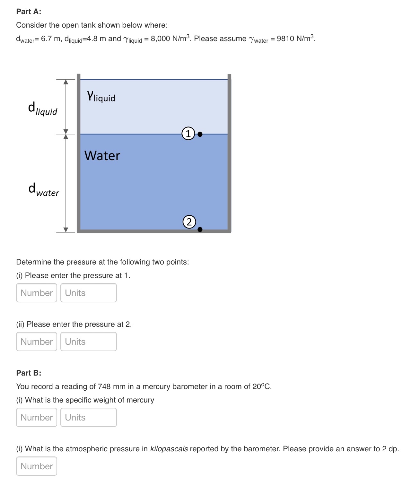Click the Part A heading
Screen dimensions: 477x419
[x=29, y=12]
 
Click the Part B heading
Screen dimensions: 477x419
[x=29, y=373]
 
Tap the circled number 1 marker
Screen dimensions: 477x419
[x=188, y=134]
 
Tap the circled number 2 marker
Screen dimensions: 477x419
[x=189, y=222]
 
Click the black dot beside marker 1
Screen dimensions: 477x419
[x=200, y=134]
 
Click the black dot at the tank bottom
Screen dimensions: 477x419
[x=200, y=229]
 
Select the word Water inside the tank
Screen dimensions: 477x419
[x=102, y=156]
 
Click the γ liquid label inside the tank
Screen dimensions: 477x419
[x=101, y=96]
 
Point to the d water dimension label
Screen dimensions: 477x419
[x=44, y=190]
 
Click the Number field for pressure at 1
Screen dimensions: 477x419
[x=37, y=293]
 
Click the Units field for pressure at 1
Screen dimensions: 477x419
[x=88, y=293]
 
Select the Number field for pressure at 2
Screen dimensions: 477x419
[x=37, y=342]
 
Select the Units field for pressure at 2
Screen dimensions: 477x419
[x=88, y=342]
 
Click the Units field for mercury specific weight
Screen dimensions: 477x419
[x=88, y=417]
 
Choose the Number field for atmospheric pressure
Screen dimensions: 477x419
[x=37, y=466]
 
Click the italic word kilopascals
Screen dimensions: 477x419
[x=169, y=449]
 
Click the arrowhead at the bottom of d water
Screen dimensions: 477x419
[x=66, y=229]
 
